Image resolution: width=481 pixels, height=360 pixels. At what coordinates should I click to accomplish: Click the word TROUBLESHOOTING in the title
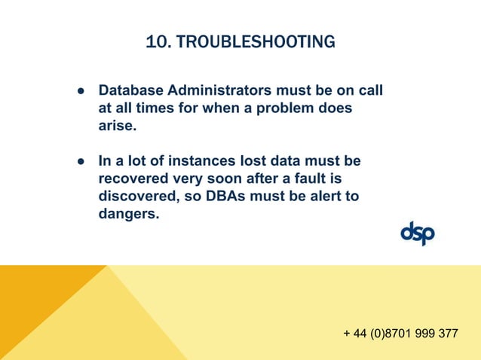tap(256, 42)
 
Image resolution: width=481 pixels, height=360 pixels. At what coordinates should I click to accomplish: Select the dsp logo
tap(418, 233)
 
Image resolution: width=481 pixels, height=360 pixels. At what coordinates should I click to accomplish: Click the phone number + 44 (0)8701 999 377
tap(400, 334)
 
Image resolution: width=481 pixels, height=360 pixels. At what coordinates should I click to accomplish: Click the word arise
tap(117, 127)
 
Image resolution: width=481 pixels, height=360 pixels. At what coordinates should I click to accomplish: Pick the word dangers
tap(129, 215)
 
